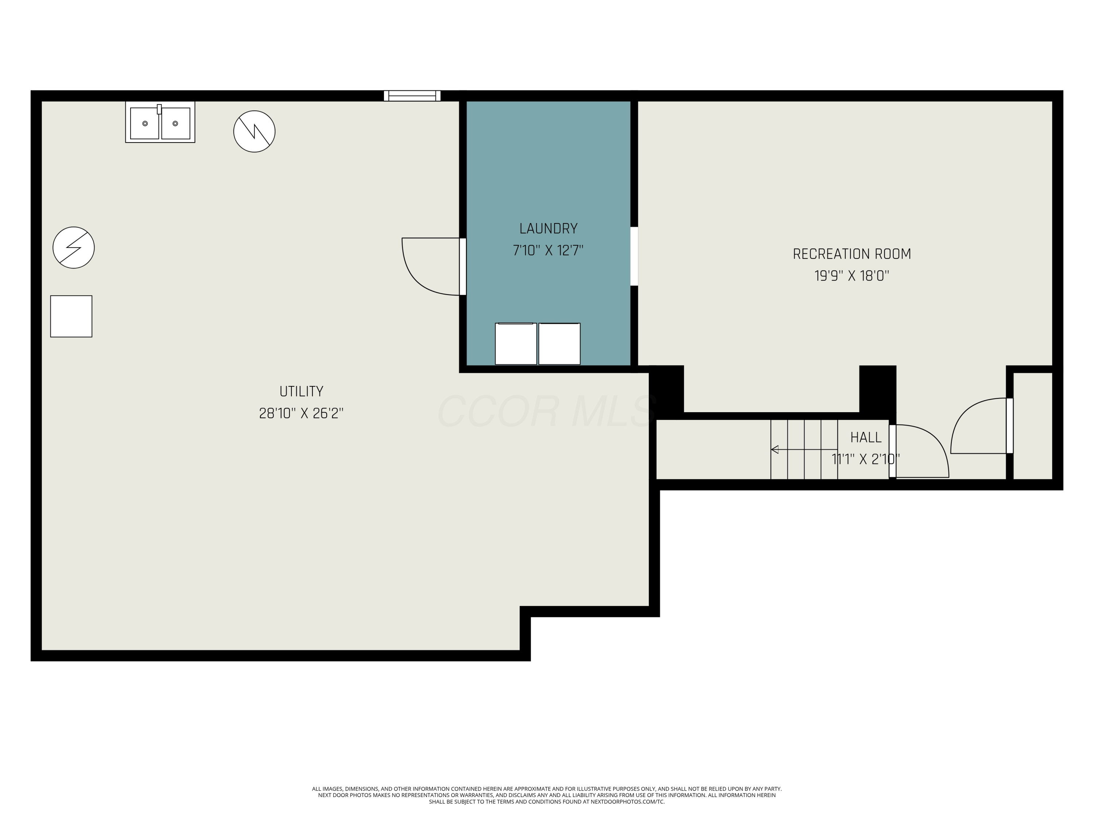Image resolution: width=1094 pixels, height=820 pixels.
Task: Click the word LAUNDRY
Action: pyautogui.click(x=548, y=229)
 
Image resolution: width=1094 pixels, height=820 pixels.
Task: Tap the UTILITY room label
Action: pyautogui.click(x=301, y=391)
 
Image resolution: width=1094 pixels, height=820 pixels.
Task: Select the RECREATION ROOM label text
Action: pyautogui.click(x=851, y=254)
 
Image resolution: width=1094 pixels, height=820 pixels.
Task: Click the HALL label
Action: pyautogui.click(x=865, y=437)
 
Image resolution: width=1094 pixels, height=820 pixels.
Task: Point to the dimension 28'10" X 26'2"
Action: pyautogui.click(x=301, y=413)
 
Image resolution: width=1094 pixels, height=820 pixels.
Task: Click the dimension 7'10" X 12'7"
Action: pyautogui.click(x=548, y=251)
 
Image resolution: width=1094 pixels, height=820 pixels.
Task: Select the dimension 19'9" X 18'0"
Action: pyautogui.click(x=851, y=276)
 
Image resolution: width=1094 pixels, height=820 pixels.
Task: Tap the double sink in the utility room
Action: pyautogui.click(x=160, y=122)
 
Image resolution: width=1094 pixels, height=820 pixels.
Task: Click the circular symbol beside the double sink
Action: pyautogui.click(x=254, y=132)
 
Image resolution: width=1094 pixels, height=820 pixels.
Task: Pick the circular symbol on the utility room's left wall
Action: pyautogui.click(x=74, y=247)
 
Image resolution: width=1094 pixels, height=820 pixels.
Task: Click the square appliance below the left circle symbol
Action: pyautogui.click(x=71, y=316)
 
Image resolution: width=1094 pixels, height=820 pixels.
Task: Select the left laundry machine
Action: pyautogui.click(x=516, y=344)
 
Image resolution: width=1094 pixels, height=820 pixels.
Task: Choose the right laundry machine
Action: pyautogui.click(x=559, y=344)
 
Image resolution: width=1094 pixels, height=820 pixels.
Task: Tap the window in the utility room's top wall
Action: pyautogui.click(x=412, y=96)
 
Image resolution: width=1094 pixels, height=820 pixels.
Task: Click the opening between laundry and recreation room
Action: pyautogui.click(x=634, y=257)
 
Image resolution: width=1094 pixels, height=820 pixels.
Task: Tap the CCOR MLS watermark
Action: pyautogui.click(x=547, y=411)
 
